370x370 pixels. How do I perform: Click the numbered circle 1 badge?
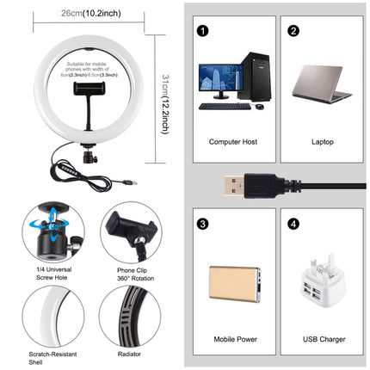(x=203, y=31)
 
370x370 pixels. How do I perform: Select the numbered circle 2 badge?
(x=293, y=31)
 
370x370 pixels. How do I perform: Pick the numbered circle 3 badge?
(x=203, y=225)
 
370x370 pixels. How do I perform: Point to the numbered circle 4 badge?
(x=293, y=225)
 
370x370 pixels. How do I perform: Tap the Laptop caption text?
(x=323, y=139)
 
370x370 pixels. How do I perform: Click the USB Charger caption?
(x=323, y=338)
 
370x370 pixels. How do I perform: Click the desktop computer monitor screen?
(x=219, y=82)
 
